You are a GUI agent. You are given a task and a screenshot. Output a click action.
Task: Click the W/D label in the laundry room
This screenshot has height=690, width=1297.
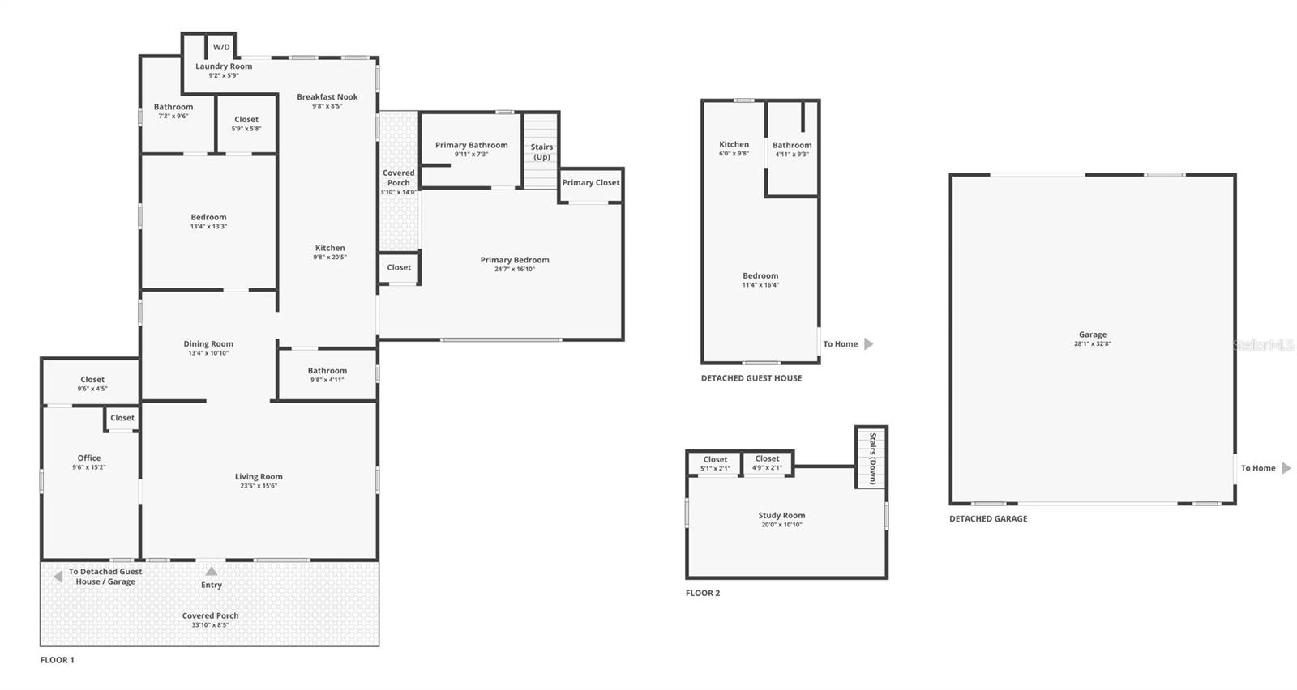click(x=221, y=47)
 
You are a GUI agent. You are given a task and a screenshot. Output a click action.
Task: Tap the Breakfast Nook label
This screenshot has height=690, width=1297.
click(x=327, y=97)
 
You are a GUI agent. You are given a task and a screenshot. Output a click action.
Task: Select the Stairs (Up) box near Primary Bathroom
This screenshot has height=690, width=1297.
click(x=541, y=151)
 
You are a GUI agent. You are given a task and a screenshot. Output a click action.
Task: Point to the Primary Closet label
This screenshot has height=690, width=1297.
click(x=591, y=183)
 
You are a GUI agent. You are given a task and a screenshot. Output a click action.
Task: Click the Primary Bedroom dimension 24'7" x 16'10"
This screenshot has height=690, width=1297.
click(x=515, y=270)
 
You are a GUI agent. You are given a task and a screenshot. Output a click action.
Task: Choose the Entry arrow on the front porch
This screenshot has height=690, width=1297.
click(x=212, y=572)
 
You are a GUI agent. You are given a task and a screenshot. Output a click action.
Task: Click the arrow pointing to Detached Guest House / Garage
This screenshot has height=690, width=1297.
click(x=58, y=577)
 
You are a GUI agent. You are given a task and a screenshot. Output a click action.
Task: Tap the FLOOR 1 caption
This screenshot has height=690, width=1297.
click(x=57, y=660)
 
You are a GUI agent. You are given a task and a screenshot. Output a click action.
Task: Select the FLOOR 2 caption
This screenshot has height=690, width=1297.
click(x=703, y=594)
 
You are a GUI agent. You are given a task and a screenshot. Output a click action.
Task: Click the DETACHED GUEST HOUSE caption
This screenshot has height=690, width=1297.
click(x=751, y=378)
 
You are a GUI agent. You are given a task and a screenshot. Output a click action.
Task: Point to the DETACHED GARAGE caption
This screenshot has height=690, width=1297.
click(x=988, y=519)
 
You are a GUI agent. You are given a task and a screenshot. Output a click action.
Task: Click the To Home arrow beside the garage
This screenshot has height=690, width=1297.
click(x=1286, y=468)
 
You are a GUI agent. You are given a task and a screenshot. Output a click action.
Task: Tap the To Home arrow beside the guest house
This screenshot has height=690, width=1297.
click(x=869, y=344)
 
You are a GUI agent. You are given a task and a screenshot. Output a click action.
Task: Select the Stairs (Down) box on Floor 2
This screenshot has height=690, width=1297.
click(x=871, y=458)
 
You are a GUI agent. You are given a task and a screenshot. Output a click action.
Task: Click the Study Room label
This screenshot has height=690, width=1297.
click(x=781, y=516)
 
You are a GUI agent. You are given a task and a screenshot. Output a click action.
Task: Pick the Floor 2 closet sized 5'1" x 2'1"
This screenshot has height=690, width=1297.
click(x=715, y=463)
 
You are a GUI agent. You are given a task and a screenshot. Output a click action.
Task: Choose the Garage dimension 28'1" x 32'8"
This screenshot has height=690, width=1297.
click(x=1092, y=344)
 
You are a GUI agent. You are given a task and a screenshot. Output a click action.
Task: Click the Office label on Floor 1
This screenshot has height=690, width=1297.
click(x=89, y=458)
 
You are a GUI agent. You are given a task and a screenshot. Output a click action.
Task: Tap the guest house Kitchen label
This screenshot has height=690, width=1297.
click(x=734, y=145)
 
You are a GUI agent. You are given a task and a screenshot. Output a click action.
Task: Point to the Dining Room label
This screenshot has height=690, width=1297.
click(x=208, y=344)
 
